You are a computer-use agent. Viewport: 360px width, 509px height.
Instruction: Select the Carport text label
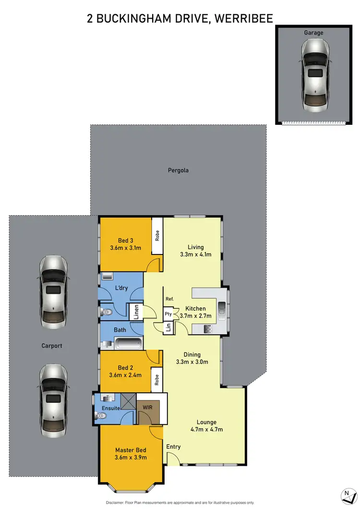click(52, 345)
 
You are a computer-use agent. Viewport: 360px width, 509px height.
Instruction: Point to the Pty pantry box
click(168, 314)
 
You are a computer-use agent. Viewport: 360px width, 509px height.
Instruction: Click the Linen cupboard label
click(136, 313)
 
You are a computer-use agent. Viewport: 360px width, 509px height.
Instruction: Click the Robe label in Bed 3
click(157, 236)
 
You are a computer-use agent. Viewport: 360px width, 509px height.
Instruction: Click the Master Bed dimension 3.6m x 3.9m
click(131, 457)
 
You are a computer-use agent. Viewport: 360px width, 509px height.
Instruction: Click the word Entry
click(173, 447)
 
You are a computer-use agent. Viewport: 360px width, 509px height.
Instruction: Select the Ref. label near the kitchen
click(169, 299)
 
